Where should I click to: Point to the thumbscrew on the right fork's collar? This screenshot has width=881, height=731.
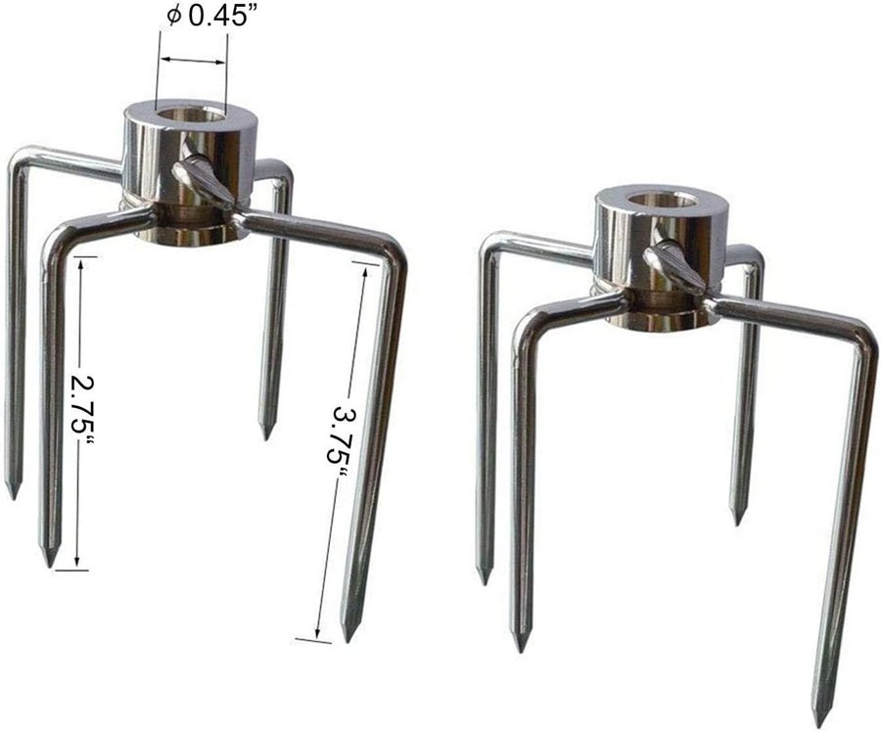click(x=673, y=263)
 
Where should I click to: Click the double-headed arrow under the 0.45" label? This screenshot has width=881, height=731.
click(x=193, y=60)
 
